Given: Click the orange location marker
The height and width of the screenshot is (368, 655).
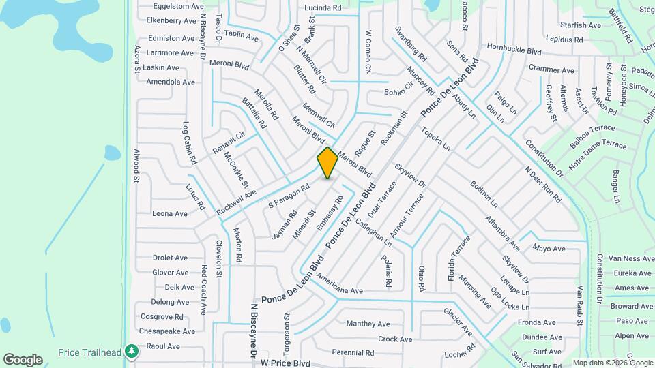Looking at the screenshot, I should pyautogui.click(x=327, y=163).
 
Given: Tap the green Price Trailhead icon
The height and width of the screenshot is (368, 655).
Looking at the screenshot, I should pyautogui.click(x=131, y=352).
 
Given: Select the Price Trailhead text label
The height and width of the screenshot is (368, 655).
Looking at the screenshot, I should pyautogui.click(x=90, y=352).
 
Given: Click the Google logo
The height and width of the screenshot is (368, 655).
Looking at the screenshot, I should pyautogui.click(x=23, y=360).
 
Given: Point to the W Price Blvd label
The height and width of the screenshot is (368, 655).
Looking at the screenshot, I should pyautogui.click(x=285, y=363).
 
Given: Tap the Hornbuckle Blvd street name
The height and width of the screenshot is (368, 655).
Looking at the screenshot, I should pyautogui.click(x=514, y=49).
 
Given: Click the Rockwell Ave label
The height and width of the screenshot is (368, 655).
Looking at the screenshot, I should pyautogui.click(x=236, y=202).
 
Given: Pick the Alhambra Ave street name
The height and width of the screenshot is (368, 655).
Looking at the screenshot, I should pyautogui.click(x=502, y=232).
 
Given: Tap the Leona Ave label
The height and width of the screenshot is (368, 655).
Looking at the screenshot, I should pyautogui.click(x=170, y=213).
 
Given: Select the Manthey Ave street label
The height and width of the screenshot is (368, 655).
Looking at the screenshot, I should pyautogui.click(x=368, y=324).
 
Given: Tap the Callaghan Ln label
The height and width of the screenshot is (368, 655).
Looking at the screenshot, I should pyautogui.click(x=373, y=232).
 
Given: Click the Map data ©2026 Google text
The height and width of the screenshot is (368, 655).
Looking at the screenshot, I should pyautogui.click(x=612, y=363).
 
